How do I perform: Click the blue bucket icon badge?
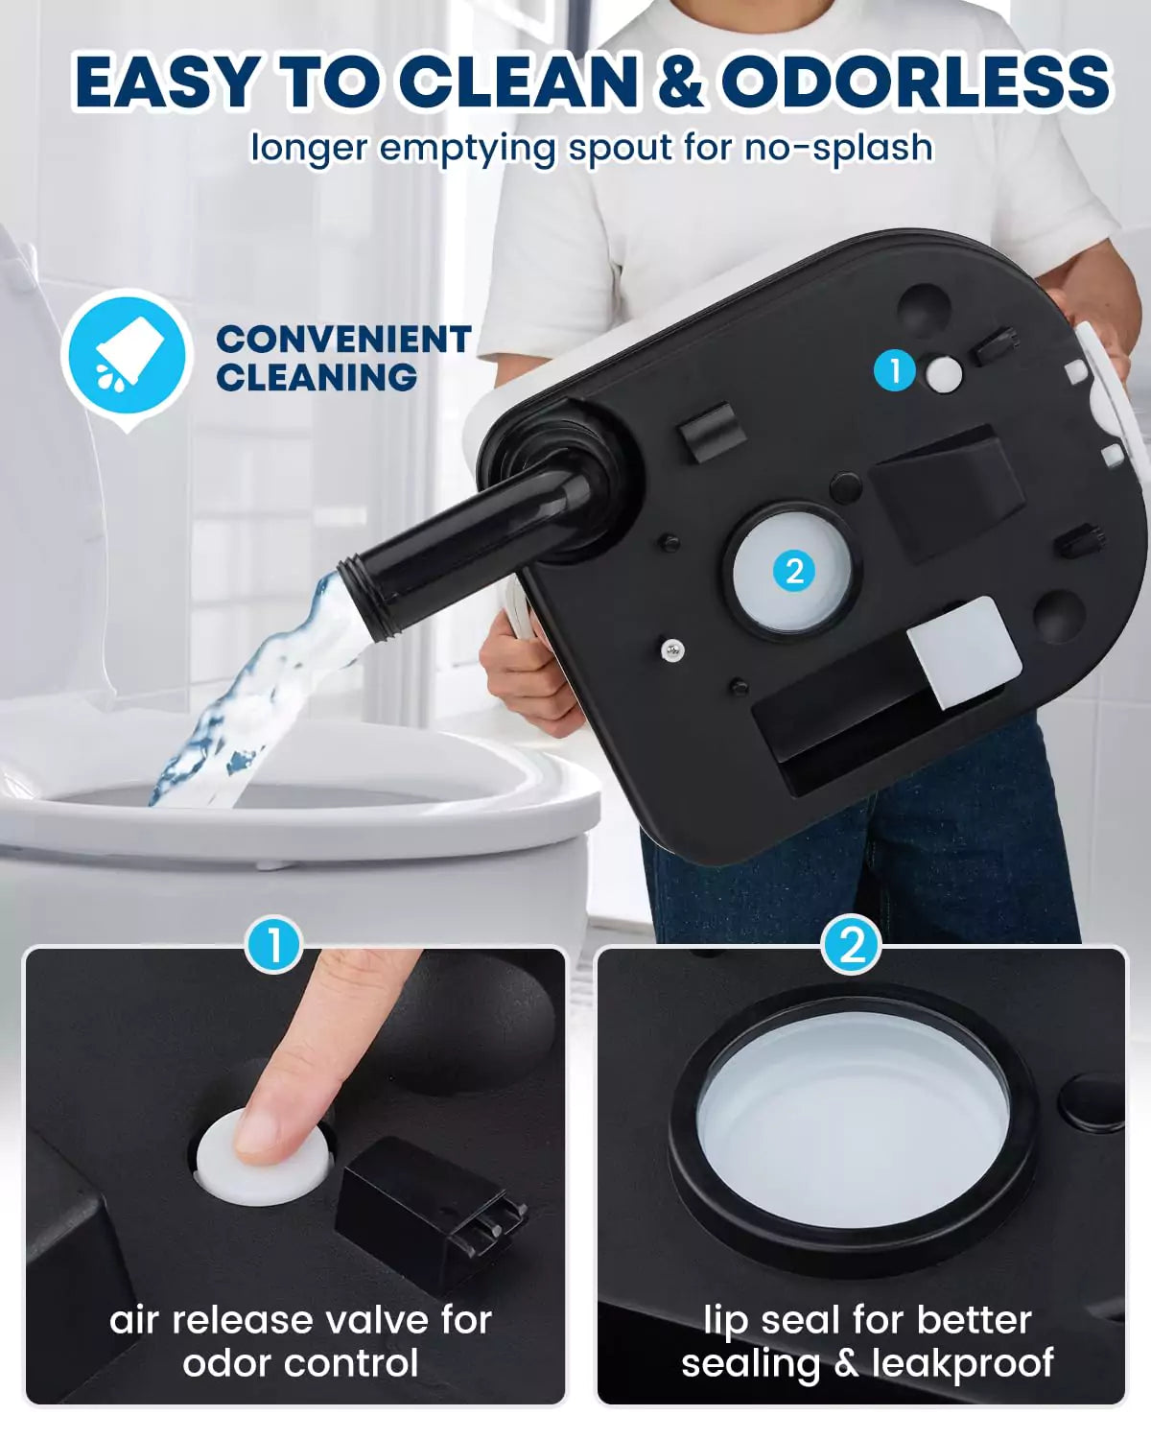125,356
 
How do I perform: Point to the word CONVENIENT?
342,340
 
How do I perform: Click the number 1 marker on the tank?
896,370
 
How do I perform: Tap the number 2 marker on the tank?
794,572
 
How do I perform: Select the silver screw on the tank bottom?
672,650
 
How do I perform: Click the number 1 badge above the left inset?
273,946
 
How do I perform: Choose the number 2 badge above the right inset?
852,946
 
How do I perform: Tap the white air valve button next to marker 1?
944,374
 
